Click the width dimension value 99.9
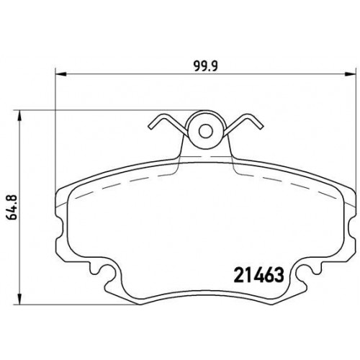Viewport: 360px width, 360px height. coord(206,66)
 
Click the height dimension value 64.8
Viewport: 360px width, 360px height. coord(12,207)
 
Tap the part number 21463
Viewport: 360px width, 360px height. coord(258,275)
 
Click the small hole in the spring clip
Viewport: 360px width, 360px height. coord(206,131)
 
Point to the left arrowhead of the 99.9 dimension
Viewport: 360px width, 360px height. coord(60,73)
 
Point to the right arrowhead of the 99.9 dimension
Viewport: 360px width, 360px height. coord(350,73)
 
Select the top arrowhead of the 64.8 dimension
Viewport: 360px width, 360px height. coord(20,116)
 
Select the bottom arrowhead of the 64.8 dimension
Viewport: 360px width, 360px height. coord(20,299)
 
